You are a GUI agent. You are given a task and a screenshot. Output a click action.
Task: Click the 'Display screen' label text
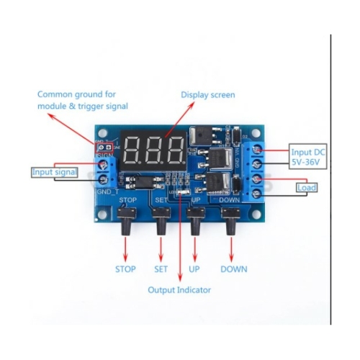click(x=207, y=94)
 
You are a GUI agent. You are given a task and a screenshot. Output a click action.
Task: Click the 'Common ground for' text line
click(x=76, y=94)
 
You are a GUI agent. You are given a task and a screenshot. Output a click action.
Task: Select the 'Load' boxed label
click(x=305, y=187)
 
